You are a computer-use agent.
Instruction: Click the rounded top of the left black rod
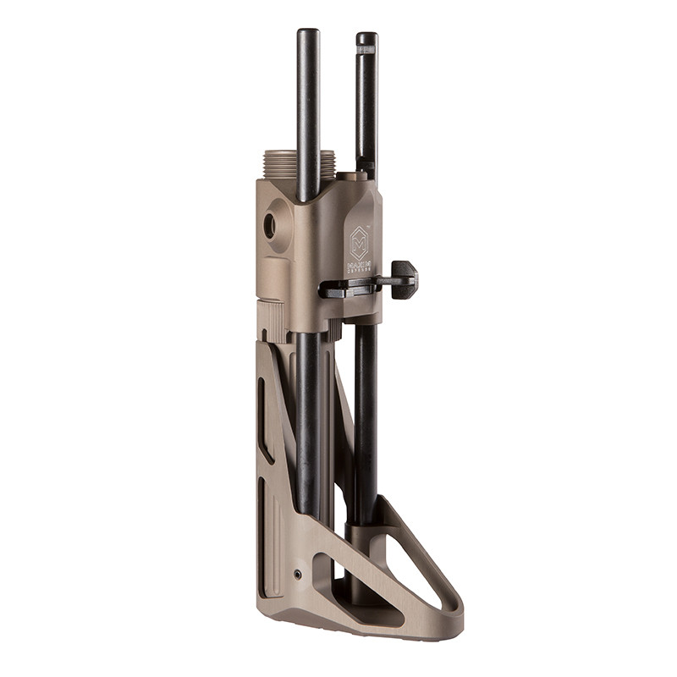pos(307,34)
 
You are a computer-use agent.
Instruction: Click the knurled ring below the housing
pos(273,322)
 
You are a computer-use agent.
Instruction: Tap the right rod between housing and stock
pos(366,406)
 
